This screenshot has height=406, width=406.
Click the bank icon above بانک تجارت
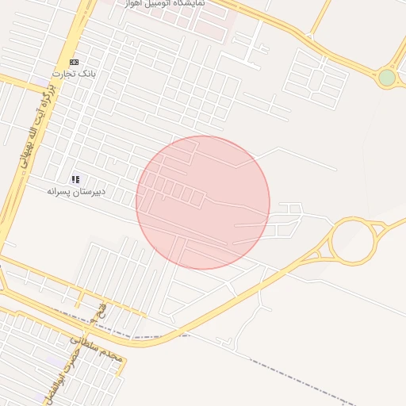coord(74,62)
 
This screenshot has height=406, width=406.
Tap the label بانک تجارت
coord(74,74)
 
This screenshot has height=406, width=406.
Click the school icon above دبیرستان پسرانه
coord(76,180)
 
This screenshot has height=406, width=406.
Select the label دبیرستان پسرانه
coord(76,192)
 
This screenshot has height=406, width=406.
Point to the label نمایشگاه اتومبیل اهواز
coord(165,4)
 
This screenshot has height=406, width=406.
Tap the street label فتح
coord(99,310)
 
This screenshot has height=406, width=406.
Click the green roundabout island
coord(386,78)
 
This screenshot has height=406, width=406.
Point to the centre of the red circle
coord(203,203)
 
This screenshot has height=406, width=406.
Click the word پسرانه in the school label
coord(60,192)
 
